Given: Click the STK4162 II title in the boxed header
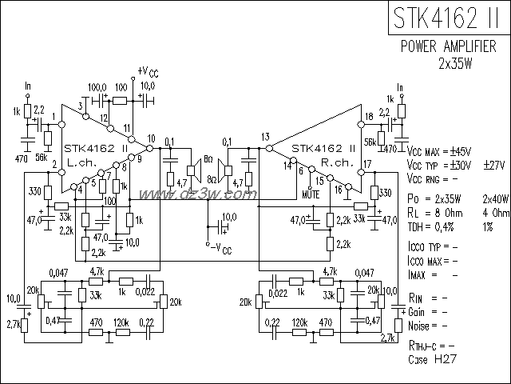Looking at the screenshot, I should click(448, 18).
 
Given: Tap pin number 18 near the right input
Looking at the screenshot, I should click(368, 117).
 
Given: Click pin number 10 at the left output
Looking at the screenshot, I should click(151, 138).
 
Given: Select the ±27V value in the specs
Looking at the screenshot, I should click(494, 164).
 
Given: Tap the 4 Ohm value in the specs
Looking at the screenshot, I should click(495, 213).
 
